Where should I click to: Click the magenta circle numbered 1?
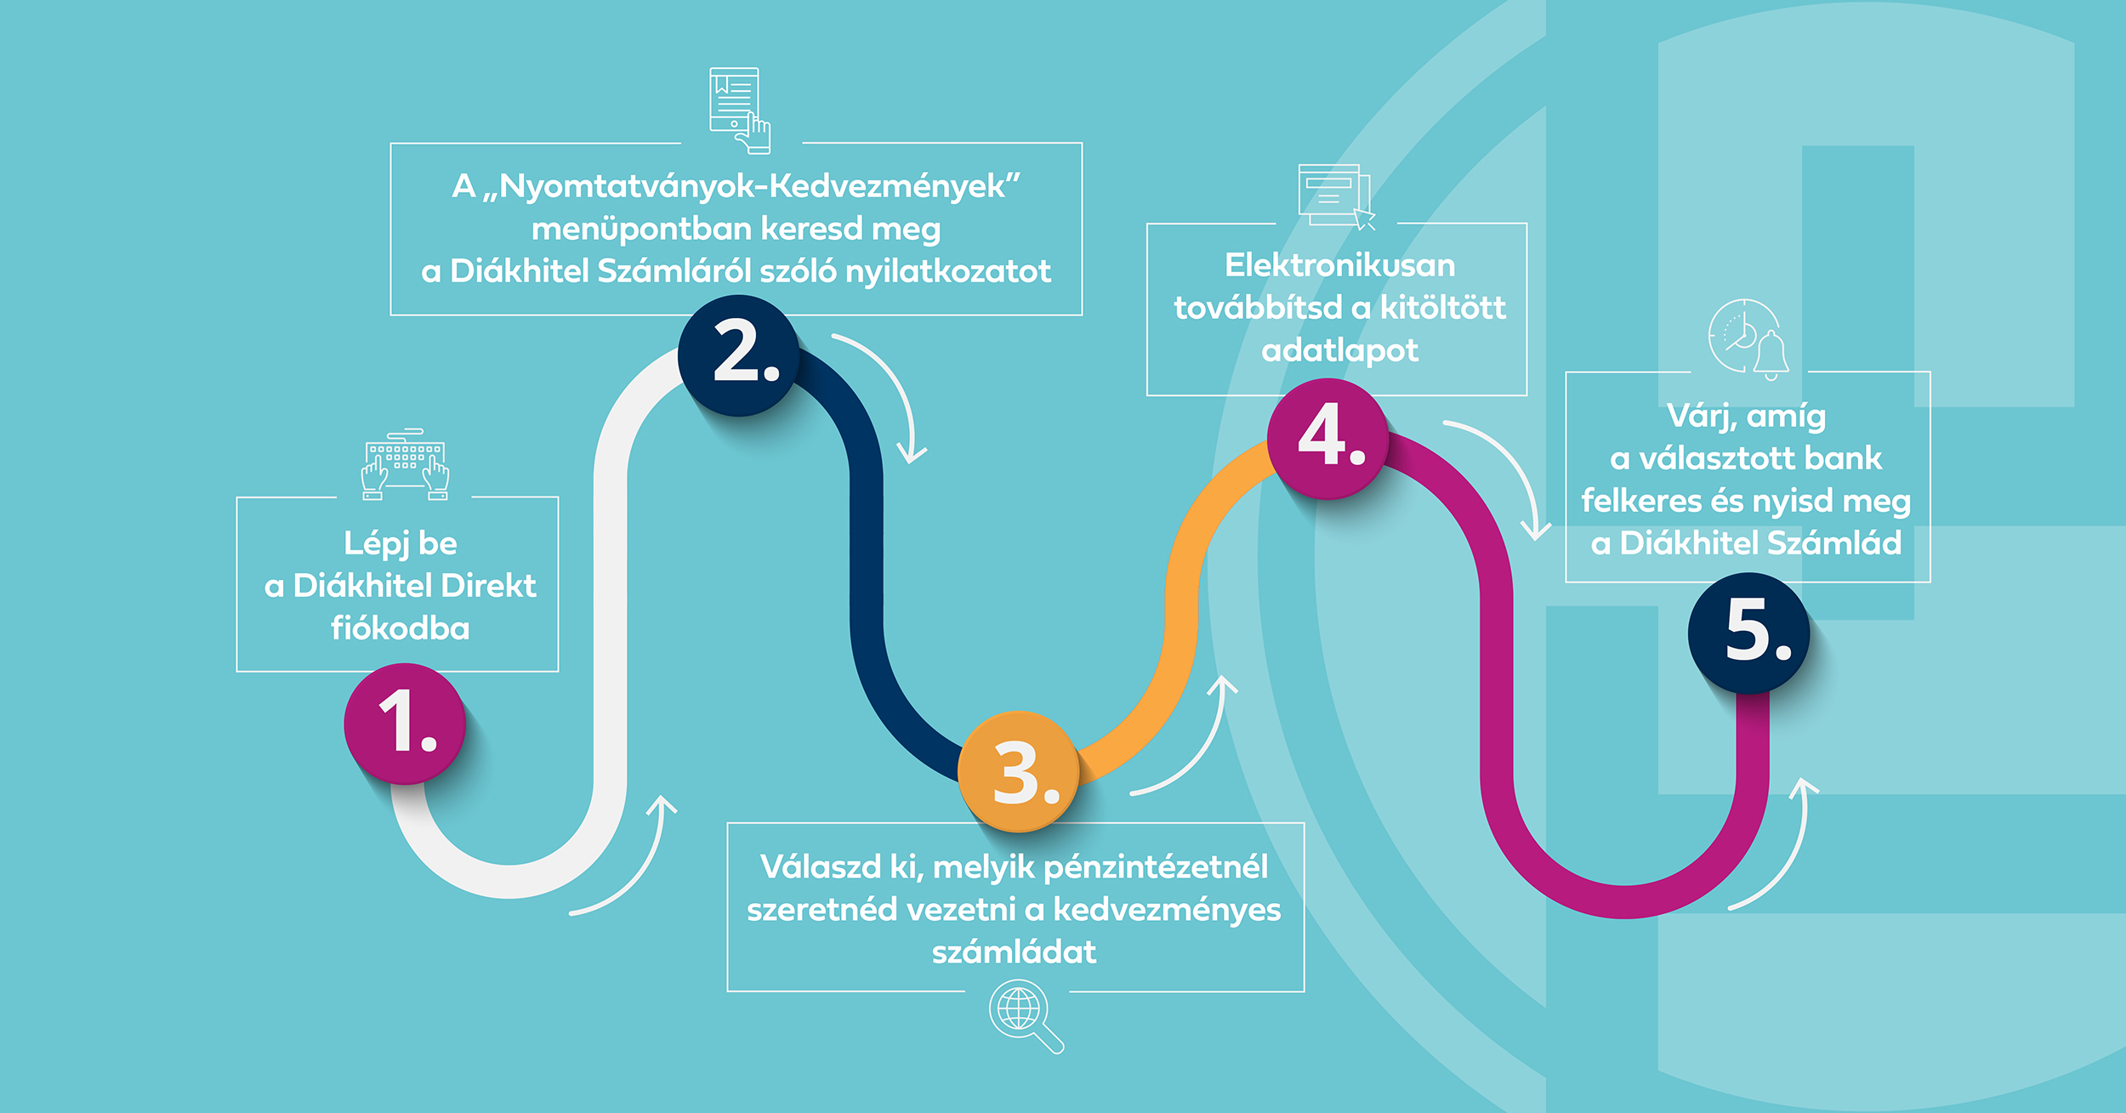(405, 724)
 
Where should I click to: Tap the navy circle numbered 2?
(738, 355)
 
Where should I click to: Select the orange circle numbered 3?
(1019, 771)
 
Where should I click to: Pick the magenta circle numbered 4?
(1327, 438)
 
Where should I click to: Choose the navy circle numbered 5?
(1748, 633)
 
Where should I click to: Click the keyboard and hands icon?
(406, 465)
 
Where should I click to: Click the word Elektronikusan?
(1339, 266)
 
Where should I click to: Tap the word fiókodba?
(400, 628)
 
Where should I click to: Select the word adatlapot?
(1339, 350)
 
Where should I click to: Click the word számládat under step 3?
(1014, 951)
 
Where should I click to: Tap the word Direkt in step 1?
(489, 586)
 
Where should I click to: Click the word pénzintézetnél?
(1156, 867)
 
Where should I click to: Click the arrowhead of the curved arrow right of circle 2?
(912, 456)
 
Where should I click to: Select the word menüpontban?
(642, 230)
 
